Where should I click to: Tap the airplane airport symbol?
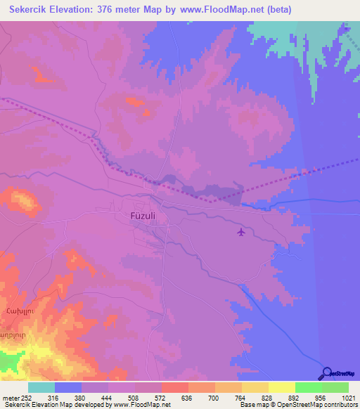coord(242,231)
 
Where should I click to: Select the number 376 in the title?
coord(112,10)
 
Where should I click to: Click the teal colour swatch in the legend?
coord(41,387)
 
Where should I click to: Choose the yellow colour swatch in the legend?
coord(281,387)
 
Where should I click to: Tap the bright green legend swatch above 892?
coord(308,387)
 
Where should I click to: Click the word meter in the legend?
coord(10,398)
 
